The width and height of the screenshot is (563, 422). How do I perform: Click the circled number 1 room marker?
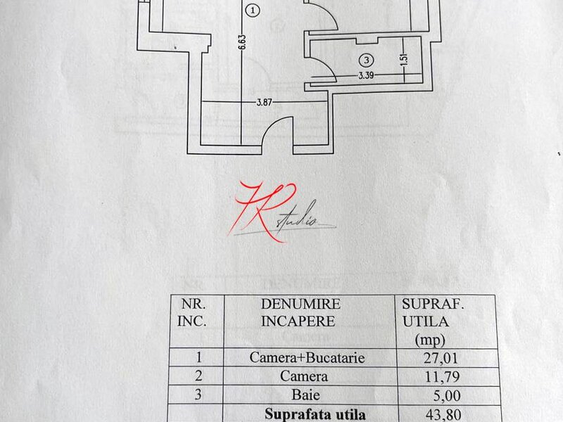[253, 11]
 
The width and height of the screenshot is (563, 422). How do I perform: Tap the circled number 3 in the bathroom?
[366, 60]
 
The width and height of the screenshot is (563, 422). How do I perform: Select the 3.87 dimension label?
[264, 102]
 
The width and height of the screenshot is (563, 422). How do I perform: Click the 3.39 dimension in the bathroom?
[366, 75]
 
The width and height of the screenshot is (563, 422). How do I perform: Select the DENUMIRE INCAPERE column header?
[300, 312]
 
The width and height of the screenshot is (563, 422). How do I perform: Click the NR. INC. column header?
[192, 312]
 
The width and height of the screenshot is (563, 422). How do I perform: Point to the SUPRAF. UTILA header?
[432, 321]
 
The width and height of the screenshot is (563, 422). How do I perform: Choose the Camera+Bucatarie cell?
[307, 357]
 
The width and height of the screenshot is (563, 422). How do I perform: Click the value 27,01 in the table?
[441, 358]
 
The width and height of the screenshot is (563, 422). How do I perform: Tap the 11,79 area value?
[442, 377]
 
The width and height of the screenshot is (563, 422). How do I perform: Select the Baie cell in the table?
[305, 395]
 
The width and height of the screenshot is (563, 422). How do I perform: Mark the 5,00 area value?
[447, 395]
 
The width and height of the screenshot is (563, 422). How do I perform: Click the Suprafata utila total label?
[315, 414]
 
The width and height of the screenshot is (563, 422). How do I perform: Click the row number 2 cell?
[198, 376]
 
